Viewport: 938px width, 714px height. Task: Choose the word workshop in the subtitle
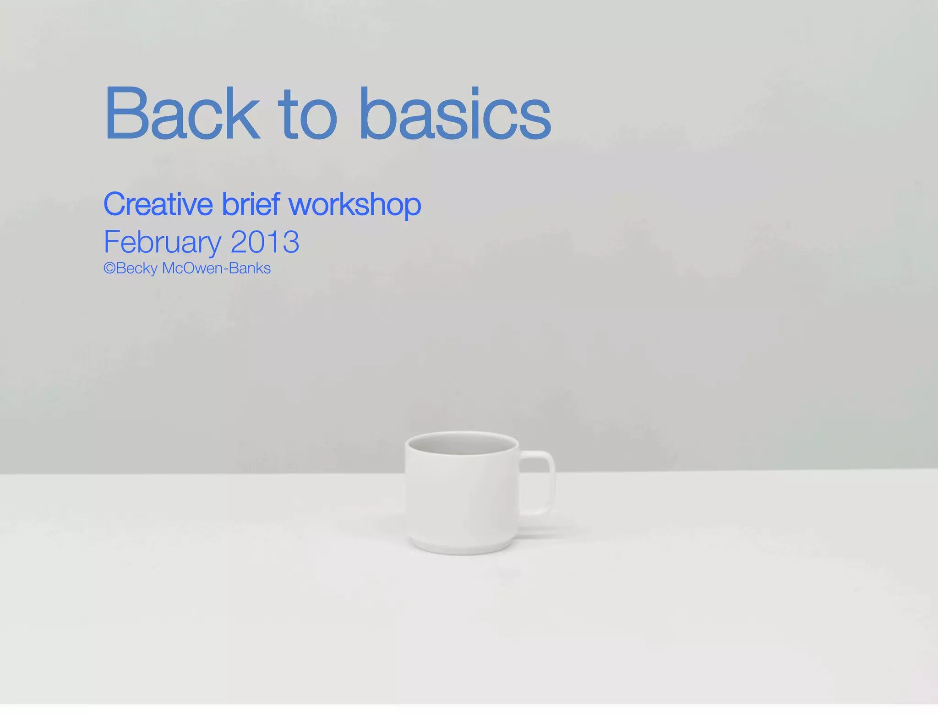pyautogui.click(x=355, y=205)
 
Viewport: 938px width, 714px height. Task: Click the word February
pyautogui.click(x=163, y=242)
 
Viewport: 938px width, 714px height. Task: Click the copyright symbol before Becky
pyautogui.click(x=109, y=268)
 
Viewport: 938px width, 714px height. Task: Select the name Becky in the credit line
pyautogui.click(x=137, y=268)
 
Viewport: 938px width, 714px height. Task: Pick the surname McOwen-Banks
pyautogui.click(x=216, y=268)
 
